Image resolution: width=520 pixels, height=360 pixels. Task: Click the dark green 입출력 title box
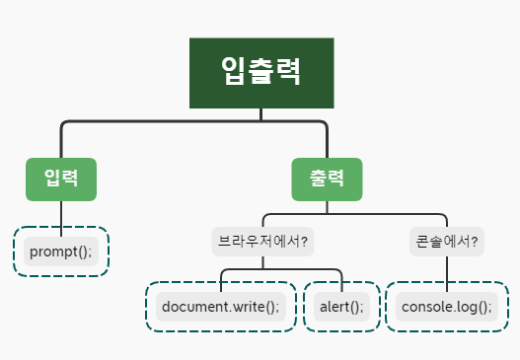pyautogui.click(x=261, y=73)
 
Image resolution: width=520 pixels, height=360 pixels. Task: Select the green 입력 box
pyautogui.click(x=61, y=180)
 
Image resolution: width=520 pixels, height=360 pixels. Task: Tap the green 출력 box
pyautogui.click(x=327, y=180)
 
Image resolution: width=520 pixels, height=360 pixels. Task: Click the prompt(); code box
pyautogui.click(x=60, y=252)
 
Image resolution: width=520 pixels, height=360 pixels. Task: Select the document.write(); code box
pyautogui.click(x=220, y=307)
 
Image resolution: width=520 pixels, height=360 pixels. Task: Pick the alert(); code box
pyautogui.click(x=341, y=307)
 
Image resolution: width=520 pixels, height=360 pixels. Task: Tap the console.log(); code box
pyautogui.click(x=446, y=307)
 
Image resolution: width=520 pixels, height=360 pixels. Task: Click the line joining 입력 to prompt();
pyautogui.click(x=61, y=215)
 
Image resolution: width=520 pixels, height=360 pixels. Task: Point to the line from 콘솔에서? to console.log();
pyautogui.click(x=446, y=269)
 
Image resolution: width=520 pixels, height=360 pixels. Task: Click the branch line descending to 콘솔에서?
pyautogui.click(x=446, y=221)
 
